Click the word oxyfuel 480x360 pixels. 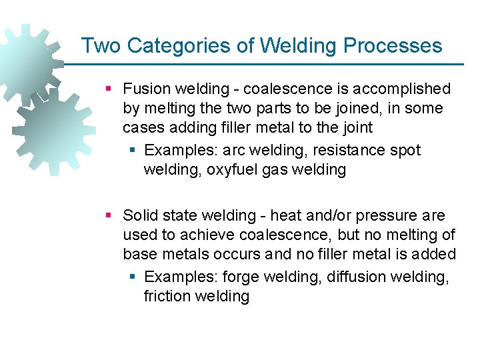[x=231, y=170]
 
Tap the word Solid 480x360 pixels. [x=141, y=215]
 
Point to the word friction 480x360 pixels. [x=167, y=297]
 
